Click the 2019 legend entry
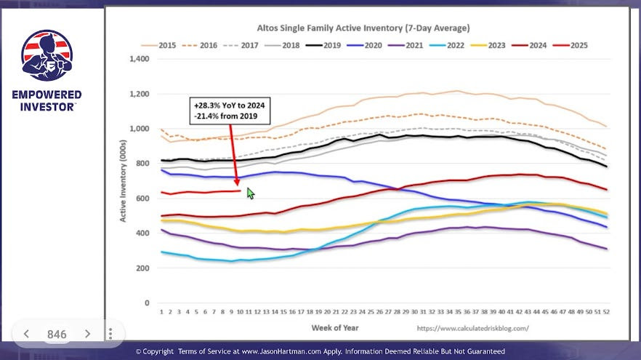[323, 45]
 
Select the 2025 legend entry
[570, 45]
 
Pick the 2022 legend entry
[446, 45]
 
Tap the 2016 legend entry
[199, 45]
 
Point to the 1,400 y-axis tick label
[140, 59]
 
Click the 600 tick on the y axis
[142, 199]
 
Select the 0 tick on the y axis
[147, 303]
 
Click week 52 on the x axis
[606, 312]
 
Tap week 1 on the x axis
[161, 312]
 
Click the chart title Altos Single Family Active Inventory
[329, 28]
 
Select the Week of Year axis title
[335, 328]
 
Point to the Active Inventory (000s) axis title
[123, 181]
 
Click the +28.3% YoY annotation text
[230, 105]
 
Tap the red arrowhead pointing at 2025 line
[237, 182]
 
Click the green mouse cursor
[250, 193]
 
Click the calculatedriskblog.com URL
[472, 328]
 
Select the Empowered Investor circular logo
[47, 55]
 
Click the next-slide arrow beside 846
[87, 334]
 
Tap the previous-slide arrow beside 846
[26, 334]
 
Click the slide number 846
[57, 335]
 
